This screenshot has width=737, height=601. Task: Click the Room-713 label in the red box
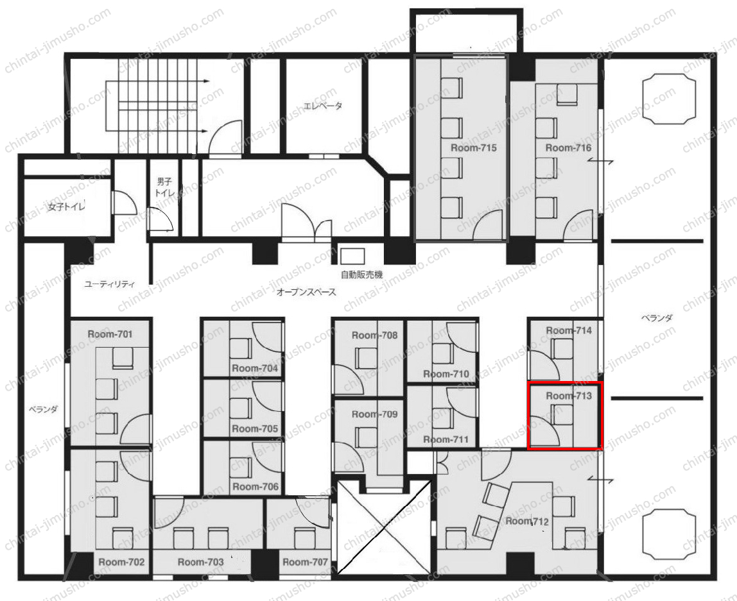[x=569, y=396]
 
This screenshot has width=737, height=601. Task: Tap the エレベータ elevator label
[x=322, y=106]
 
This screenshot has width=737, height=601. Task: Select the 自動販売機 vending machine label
[x=361, y=275]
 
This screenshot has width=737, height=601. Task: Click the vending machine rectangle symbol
[x=352, y=257]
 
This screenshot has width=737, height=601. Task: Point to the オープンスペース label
[x=306, y=292]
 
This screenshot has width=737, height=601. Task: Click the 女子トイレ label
[x=65, y=206]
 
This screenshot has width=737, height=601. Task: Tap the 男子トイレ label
[x=164, y=187]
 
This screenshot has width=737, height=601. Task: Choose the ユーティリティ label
[x=110, y=284]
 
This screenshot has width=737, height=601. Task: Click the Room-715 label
[x=473, y=148]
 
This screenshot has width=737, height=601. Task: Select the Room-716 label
[x=568, y=148]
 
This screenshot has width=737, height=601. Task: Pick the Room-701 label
[x=110, y=334]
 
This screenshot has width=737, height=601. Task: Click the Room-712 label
[x=527, y=521]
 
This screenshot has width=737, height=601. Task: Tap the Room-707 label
[x=305, y=562]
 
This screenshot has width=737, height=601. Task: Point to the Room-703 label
[x=201, y=562]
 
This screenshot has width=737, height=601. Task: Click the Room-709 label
[x=375, y=414]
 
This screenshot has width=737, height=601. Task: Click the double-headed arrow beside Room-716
[x=600, y=161]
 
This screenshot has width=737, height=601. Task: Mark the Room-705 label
[x=255, y=428]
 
